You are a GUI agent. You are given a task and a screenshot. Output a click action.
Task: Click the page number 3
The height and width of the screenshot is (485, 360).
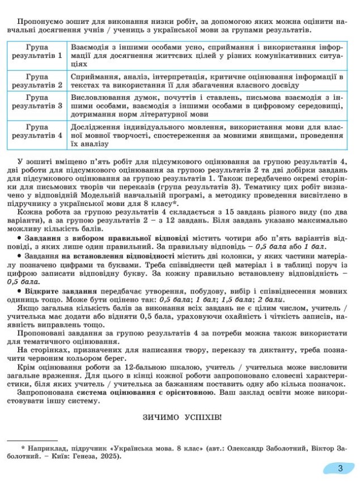[340, 469]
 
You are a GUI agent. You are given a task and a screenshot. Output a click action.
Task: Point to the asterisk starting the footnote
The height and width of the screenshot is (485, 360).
[23, 448]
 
